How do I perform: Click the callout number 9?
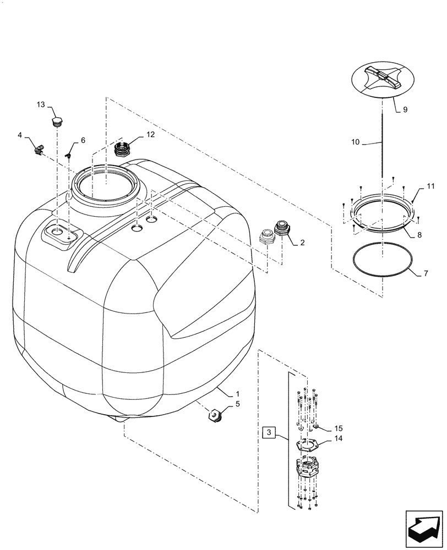pyautogui.click(x=405, y=110)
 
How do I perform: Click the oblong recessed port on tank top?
pyautogui.click(x=61, y=233)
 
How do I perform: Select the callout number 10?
pyautogui.click(x=355, y=142)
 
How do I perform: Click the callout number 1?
pyautogui.click(x=237, y=394)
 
